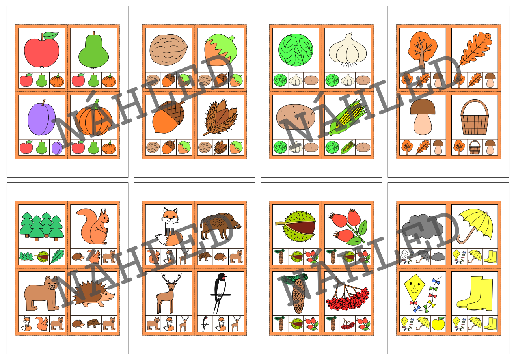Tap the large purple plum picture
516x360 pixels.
(x=42, y=118)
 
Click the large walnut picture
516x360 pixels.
(x=168, y=50)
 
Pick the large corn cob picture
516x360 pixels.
(x=348, y=117)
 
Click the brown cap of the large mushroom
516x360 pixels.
(x=423, y=107)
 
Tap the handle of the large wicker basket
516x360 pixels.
(x=475, y=107)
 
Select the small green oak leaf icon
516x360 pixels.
(x=57, y=256)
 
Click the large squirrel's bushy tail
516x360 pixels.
(x=85, y=221)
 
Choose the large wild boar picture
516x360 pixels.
(x=220, y=226)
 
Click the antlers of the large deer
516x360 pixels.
(x=171, y=279)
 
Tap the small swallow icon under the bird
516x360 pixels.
(x=205, y=324)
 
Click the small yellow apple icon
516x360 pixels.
(x=438, y=324)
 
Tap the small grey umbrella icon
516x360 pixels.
(x=423, y=256)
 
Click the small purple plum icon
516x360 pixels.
(x=57, y=147)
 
